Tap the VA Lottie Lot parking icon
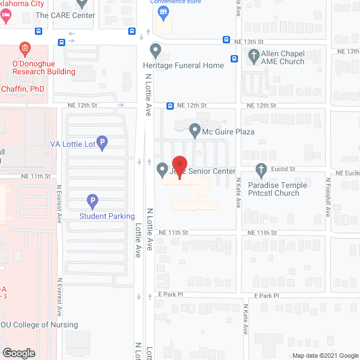click(102, 143)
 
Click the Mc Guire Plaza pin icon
click(195, 130)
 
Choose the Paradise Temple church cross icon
click(260, 169)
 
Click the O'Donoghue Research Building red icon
click(25, 49)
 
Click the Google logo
click(18, 353)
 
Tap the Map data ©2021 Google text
click(324, 355)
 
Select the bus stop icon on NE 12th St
click(170, 106)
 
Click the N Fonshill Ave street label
click(328, 195)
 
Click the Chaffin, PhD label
click(22, 89)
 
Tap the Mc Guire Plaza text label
click(228, 132)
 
